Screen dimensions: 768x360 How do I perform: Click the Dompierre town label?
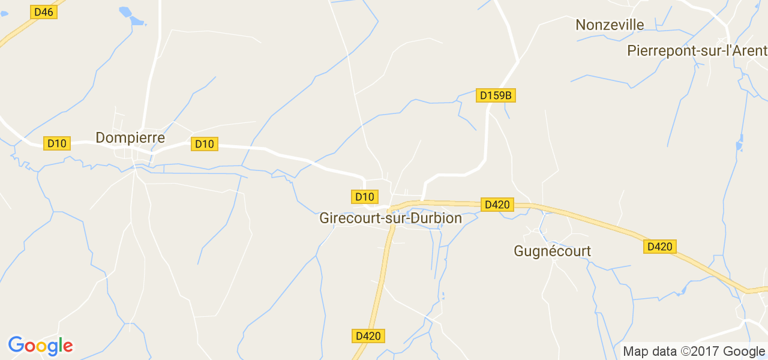[x=130, y=138]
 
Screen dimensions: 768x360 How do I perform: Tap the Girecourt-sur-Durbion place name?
[x=391, y=218]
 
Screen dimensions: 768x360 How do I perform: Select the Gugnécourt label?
[x=552, y=251]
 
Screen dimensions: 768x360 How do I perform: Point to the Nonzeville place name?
[x=610, y=25]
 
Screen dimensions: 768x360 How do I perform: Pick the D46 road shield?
[x=43, y=12]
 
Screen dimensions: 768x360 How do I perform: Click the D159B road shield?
[x=496, y=95]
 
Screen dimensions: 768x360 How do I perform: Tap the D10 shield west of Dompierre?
[x=57, y=143]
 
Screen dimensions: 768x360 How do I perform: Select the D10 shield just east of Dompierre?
[x=204, y=144]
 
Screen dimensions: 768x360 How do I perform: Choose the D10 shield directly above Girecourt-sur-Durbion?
[x=364, y=197]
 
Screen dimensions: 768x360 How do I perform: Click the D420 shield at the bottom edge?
[x=368, y=336]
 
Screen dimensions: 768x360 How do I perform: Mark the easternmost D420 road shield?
[x=660, y=247]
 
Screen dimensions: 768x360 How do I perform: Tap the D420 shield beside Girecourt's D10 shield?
[x=497, y=205]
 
